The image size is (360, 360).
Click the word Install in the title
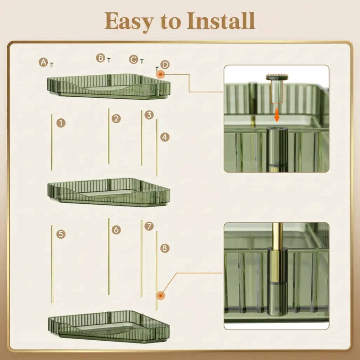(x=221, y=21)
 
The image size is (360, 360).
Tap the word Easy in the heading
(x=129, y=22)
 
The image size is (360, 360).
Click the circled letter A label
(x=43, y=62)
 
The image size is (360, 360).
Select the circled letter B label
(x=101, y=58)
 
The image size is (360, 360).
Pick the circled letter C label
(x=134, y=60)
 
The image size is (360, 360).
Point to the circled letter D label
(x=165, y=65)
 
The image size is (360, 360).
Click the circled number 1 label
(x=61, y=123)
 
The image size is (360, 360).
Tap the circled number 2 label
(x=116, y=118)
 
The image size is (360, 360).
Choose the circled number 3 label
(x=149, y=115)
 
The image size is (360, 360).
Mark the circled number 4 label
(x=165, y=137)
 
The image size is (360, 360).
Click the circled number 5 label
(x=61, y=234)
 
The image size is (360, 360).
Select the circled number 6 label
(x=116, y=230)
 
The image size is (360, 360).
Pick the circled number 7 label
(x=149, y=226)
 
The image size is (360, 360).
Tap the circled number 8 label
(x=165, y=248)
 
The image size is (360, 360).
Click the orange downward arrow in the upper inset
(x=277, y=115)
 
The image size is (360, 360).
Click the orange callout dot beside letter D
(x=161, y=74)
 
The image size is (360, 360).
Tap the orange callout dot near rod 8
(x=161, y=295)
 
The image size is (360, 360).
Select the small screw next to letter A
(x=52, y=65)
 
